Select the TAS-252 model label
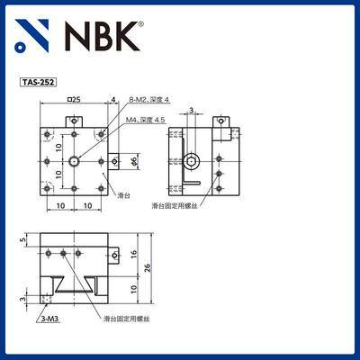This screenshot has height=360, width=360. (37, 82)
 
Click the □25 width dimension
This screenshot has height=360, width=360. (74, 99)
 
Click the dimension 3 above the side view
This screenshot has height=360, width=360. (191, 111)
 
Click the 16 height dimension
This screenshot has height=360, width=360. (133, 256)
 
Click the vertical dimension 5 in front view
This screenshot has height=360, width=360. (21, 241)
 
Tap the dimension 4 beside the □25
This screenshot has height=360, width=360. (114, 99)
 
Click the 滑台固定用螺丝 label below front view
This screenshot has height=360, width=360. (125, 319)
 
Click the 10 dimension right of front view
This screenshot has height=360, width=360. (133, 288)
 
